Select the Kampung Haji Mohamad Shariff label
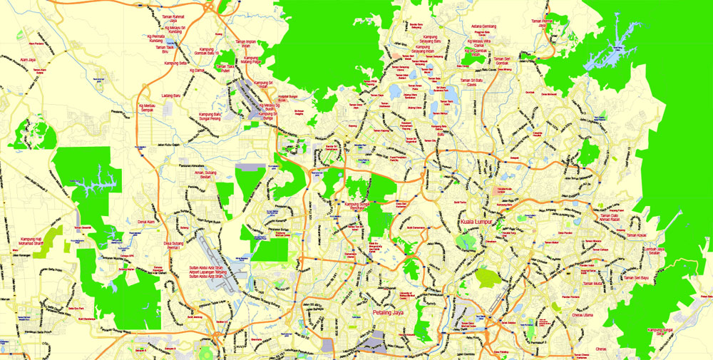[x=31, y=244]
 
